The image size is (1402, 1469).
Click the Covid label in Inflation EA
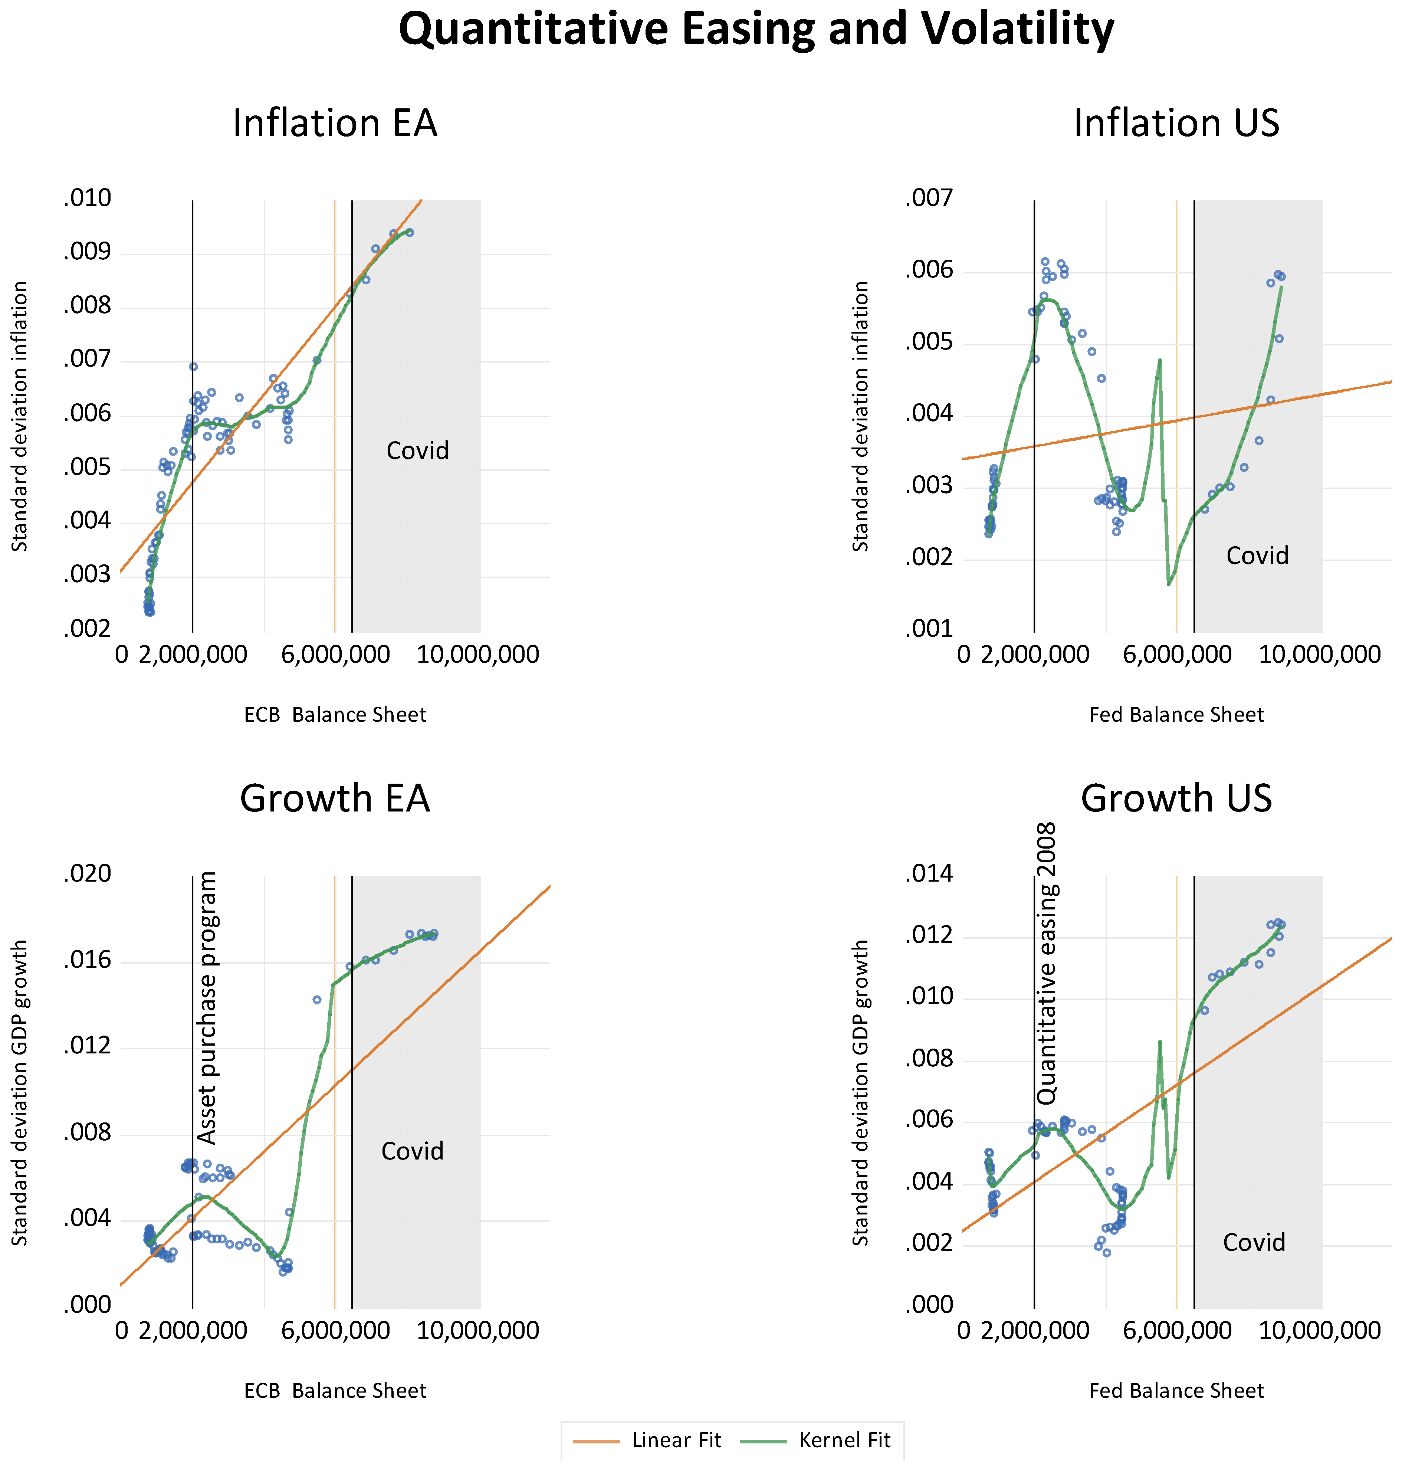pos(417,451)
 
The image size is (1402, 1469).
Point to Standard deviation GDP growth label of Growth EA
pos(20,1092)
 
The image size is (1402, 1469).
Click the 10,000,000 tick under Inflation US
pos(1319,655)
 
